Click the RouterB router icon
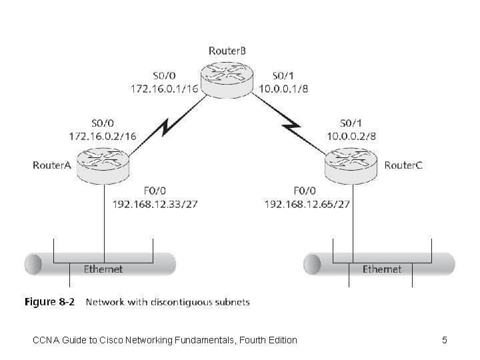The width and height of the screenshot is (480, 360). pos(229,79)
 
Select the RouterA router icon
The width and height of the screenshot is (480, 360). pos(104,165)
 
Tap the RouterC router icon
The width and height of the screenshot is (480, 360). pos(351,165)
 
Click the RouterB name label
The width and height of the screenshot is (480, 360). pos(229,50)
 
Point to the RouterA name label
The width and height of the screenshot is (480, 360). pos(52,165)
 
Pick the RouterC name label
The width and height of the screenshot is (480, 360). pos(403,165)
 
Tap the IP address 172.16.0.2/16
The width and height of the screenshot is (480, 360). pos(103,135)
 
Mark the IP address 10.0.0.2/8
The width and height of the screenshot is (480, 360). pos(352,135)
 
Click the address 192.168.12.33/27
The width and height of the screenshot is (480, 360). pos(156,203)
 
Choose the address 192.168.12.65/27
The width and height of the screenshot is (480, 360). pos(307,203)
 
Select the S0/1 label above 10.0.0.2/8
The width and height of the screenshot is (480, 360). pos(352,123)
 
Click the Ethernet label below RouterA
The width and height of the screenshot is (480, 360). pos(103,269)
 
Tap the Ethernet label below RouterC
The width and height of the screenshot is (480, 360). pos(382,269)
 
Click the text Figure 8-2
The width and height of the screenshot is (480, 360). pos(49,302)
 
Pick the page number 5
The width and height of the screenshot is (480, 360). pos(445,341)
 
